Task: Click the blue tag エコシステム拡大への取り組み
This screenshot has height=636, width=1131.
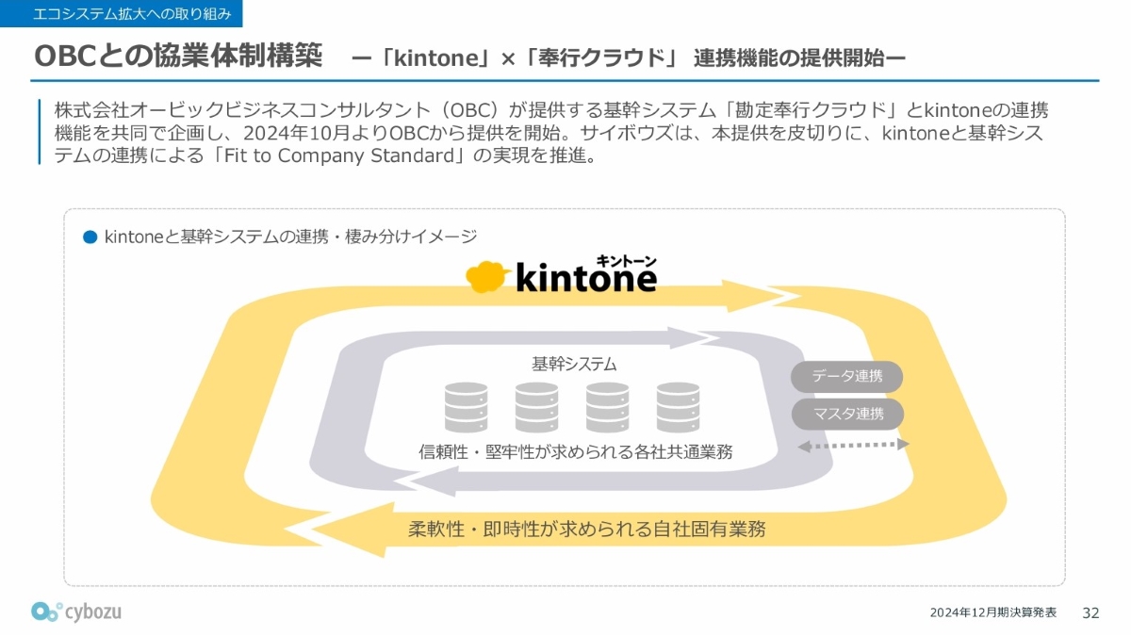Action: pyautogui.click(x=122, y=13)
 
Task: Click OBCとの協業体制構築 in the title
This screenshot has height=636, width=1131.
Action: pyautogui.click(x=178, y=56)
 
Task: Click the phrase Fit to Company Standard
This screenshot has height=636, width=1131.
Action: pyautogui.click(x=338, y=155)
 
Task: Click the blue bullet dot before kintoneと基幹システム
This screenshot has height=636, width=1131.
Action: pyautogui.click(x=90, y=236)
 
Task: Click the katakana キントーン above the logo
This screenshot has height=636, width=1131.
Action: pyautogui.click(x=626, y=261)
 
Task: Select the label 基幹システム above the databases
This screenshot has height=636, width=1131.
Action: pyautogui.click(x=574, y=364)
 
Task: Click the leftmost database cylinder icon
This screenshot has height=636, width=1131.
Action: pyautogui.click(x=466, y=407)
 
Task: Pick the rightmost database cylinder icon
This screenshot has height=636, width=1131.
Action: pyautogui.click(x=678, y=407)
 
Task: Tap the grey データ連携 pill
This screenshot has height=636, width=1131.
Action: pyautogui.click(x=846, y=377)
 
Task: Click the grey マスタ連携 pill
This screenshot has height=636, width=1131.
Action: pyautogui.click(x=847, y=414)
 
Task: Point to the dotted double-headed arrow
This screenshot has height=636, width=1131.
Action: pyautogui.click(x=853, y=445)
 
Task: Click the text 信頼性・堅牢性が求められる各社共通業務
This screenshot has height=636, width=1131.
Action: pyautogui.click(x=576, y=451)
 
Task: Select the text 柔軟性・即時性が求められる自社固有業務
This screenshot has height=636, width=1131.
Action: pyautogui.click(x=586, y=529)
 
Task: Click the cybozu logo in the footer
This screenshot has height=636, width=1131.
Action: pyautogui.click(x=76, y=612)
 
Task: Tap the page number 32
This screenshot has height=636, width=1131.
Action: pyautogui.click(x=1090, y=612)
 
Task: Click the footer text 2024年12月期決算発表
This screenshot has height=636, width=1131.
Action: pyautogui.click(x=993, y=612)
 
